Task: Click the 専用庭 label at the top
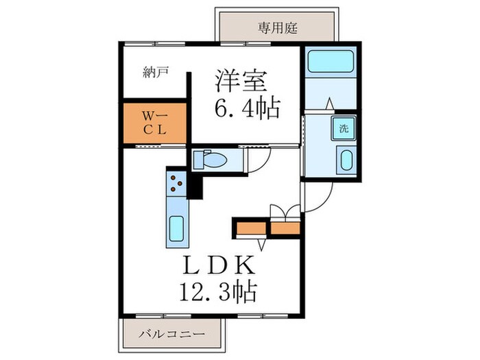(277, 28)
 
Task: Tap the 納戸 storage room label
(156, 71)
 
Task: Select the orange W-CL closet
(155, 123)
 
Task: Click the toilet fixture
(212, 160)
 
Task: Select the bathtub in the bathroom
(331, 63)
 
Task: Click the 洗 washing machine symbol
(342, 128)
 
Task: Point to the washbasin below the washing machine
(345, 162)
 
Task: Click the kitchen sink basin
(176, 227)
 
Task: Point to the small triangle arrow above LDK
(261, 243)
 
